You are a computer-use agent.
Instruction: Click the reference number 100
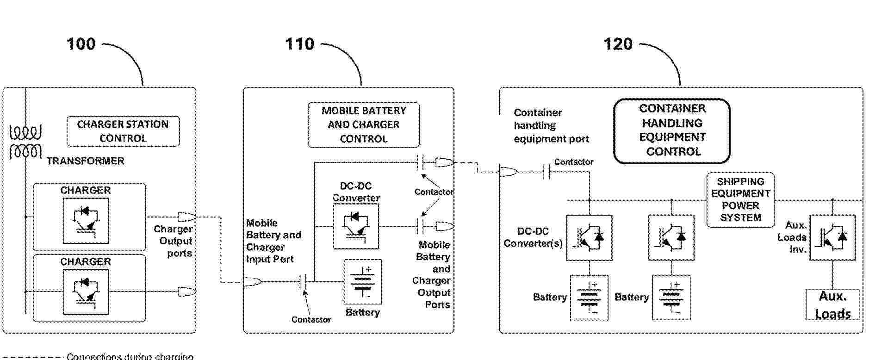81,44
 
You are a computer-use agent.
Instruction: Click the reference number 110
299,44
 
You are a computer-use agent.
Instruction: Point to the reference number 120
618,44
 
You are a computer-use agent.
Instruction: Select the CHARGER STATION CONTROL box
123,131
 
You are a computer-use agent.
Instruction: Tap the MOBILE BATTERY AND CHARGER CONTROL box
364,125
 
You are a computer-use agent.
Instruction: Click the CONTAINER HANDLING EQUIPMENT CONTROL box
672,130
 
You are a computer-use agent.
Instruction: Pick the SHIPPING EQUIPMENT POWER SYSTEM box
740,200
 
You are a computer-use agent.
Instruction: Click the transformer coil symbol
25,142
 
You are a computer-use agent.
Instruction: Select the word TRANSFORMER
86,161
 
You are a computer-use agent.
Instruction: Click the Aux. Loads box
832,305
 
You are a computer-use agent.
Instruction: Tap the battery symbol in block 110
363,282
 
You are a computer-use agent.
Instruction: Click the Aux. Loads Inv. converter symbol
832,237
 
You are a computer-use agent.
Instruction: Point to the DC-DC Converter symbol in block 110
356,226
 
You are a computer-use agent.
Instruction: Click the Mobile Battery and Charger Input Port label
273,241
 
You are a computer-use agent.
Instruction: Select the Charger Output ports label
174,241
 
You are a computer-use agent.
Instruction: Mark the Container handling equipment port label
551,126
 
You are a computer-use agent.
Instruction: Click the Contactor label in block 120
574,162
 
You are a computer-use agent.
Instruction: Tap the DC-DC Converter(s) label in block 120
533,237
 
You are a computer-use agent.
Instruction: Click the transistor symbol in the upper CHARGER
86,220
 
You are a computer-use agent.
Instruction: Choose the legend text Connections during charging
130,356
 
